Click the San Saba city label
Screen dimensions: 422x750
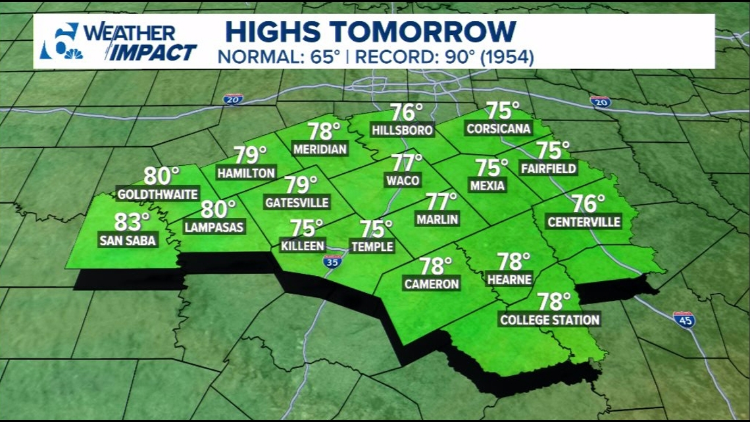tap(128, 241)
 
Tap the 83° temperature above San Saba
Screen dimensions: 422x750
tap(131, 222)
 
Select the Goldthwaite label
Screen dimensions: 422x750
tap(157, 195)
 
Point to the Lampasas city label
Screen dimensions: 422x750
tap(214, 228)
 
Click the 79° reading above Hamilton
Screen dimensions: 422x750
tap(250, 155)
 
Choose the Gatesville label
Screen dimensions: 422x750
tap(297, 203)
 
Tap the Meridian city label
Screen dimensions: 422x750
tap(320, 149)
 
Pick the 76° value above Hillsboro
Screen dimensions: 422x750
tap(406, 113)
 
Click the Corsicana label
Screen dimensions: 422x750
tap(499, 129)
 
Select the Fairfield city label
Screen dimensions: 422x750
tap(549, 169)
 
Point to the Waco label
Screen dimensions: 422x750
tap(403, 180)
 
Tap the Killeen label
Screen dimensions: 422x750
tap(303, 246)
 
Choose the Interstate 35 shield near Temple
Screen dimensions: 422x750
tap(332, 261)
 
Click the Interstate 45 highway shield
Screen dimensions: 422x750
tap(684, 320)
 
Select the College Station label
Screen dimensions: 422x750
tap(550, 320)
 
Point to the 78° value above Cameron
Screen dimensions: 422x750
tap(435, 266)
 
